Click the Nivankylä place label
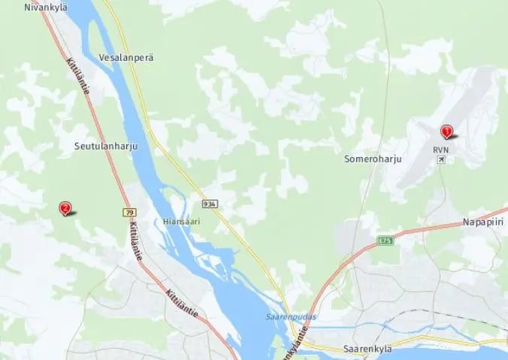click(x=46, y=7)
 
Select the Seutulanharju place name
click(x=107, y=146)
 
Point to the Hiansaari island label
click(x=180, y=222)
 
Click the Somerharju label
click(x=373, y=159)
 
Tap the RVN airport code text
click(x=440, y=150)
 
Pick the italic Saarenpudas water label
click(x=290, y=316)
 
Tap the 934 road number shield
click(x=209, y=204)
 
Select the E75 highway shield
click(x=386, y=241)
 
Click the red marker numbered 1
click(x=447, y=132)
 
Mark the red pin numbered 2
click(x=65, y=207)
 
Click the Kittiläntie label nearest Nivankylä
click(x=78, y=77)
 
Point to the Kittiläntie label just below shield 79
click(x=135, y=241)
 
